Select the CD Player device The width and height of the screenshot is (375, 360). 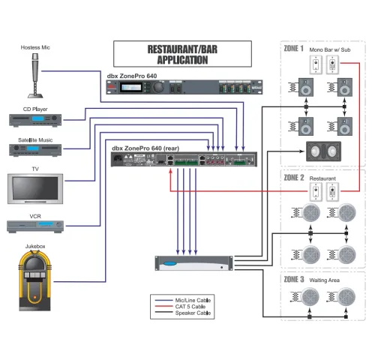pos(35,121)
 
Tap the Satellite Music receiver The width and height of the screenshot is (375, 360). pos(35,150)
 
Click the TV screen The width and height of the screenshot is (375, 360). pos(35,189)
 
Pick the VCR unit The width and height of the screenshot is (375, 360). pos(35,226)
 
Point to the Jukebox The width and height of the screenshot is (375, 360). pos(35,281)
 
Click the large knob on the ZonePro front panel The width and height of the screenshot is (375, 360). pos(159,87)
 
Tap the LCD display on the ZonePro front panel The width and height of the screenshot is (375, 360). pos(131,88)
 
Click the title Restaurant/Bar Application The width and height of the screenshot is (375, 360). pos(182,55)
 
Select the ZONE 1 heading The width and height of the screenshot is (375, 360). pos(294,48)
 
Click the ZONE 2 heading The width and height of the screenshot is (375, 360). pos(294,178)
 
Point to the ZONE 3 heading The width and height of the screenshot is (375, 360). pos(294,279)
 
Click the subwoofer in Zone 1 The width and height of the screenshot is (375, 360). pos(323,151)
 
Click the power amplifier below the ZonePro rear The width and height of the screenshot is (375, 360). pos(193,263)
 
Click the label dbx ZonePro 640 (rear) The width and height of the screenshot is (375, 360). pos(145,148)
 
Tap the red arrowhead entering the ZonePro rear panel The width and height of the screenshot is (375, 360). pos(170,171)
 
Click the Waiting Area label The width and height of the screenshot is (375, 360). pos(325,280)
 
